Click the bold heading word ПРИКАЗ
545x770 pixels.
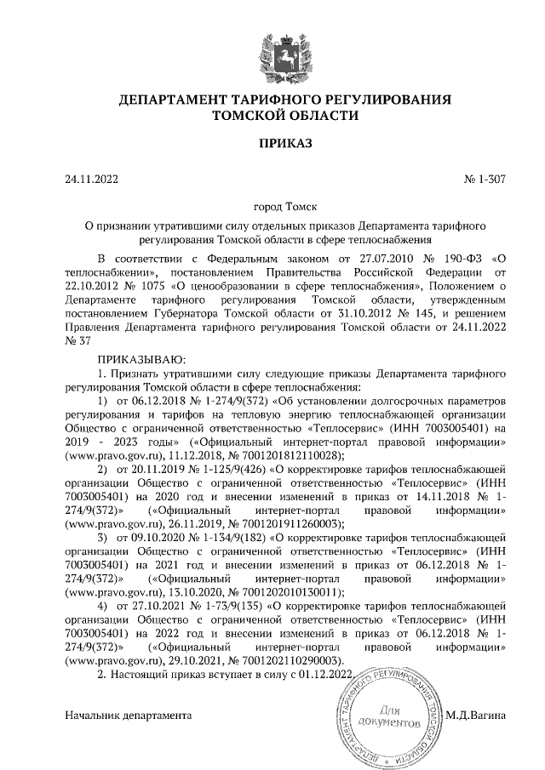(273, 143)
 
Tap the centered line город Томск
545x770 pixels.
(273, 207)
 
